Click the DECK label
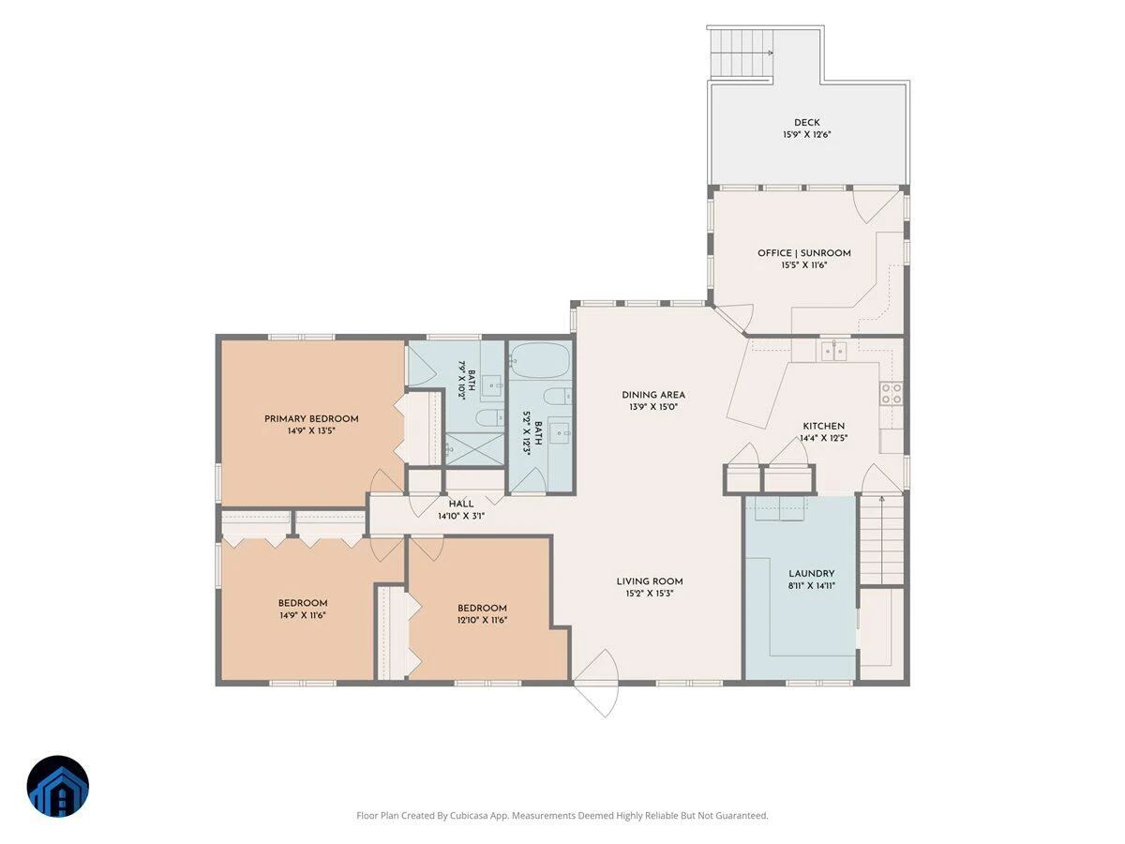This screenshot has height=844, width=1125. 807,123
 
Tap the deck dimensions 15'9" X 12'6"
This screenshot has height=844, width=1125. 807,135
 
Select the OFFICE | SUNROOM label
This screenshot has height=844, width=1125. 804,253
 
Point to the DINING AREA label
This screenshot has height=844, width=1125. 653,395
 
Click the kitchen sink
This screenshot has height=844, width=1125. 834,351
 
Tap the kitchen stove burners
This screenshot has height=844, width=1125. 892,393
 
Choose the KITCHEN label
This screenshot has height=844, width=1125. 824,427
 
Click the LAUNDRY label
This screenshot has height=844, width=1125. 811,573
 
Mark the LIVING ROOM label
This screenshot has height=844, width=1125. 650,581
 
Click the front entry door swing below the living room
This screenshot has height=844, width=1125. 597,683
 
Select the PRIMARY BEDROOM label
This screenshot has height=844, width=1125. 311,419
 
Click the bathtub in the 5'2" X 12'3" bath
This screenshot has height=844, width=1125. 541,360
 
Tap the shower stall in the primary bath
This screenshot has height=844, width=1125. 474,449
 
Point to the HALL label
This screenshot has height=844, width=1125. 461,505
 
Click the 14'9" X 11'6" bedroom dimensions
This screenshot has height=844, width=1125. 303,615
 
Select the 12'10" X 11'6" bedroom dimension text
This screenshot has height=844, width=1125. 482,620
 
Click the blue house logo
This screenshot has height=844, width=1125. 58,786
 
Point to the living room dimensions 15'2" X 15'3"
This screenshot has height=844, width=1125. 650,594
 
